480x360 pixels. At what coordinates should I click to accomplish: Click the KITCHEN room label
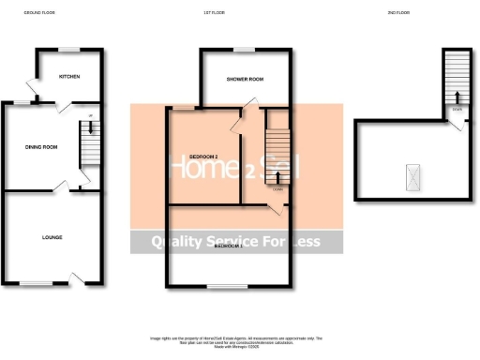coord(68,76)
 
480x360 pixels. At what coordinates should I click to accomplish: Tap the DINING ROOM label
coord(41,146)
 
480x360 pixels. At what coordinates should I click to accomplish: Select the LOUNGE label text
coord(52,238)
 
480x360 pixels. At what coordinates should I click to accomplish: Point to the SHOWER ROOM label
coord(244,80)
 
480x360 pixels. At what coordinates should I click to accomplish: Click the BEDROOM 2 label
coord(203,156)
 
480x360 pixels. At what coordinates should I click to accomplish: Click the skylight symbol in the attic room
coord(410,173)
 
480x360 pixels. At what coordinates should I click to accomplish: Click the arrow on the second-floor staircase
coord(457,97)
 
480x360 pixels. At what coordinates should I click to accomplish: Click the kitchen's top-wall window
coord(68,48)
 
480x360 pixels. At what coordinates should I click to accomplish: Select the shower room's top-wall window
coord(244,49)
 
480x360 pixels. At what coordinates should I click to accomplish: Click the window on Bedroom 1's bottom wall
coord(223,284)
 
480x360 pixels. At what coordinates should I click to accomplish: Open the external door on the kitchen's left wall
coord(34,89)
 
